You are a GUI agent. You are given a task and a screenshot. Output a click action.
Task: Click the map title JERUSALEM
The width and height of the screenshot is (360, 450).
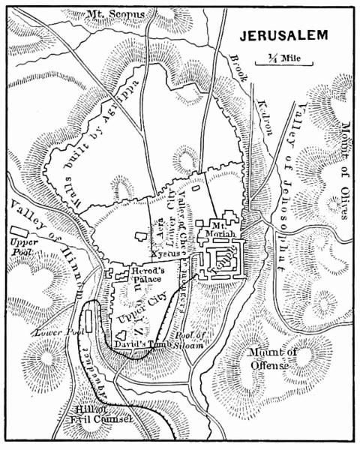[283, 37]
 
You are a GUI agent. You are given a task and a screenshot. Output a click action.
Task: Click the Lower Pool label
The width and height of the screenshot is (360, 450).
[50, 330]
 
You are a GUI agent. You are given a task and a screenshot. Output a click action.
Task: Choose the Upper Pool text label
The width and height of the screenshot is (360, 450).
[23, 248]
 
